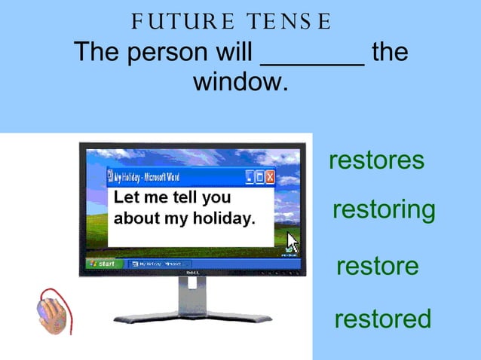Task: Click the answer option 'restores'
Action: (x=376, y=160)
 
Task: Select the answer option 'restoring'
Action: (x=384, y=210)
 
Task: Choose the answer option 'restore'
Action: (x=377, y=266)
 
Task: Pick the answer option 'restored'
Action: (x=382, y=319)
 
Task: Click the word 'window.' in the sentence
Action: (x=240, y=82)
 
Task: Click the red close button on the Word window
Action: (x=270, y=177)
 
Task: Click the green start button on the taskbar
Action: (x=103, y=264)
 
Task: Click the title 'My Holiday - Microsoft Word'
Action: (x=147, y=177)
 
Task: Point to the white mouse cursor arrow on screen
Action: (x=293, y=243)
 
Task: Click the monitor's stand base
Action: (x=191, y=317)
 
